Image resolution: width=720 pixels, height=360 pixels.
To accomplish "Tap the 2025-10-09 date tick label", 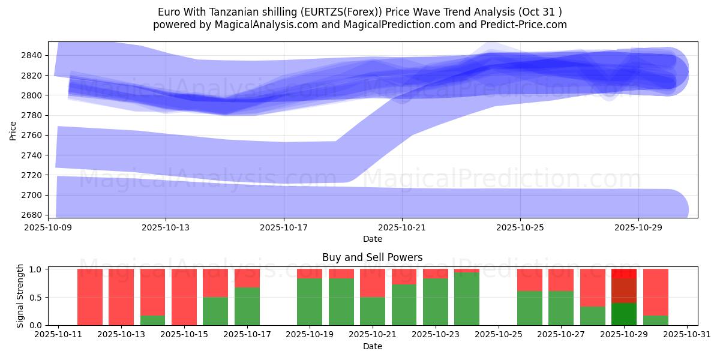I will click(48, 228).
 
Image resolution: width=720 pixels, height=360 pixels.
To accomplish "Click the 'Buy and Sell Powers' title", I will click(372, 257).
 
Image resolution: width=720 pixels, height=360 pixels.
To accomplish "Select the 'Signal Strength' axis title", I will click(20, 296).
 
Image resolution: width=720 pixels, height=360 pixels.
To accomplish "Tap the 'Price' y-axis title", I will click(13, 130).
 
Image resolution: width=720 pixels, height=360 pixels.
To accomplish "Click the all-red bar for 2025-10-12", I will click(90, 297).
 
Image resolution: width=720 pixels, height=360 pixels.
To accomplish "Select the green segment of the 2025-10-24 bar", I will click(467, 299).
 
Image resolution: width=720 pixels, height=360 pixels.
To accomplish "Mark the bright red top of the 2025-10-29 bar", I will click(624, 273).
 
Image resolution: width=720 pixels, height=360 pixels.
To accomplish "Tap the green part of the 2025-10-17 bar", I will click(247, 306).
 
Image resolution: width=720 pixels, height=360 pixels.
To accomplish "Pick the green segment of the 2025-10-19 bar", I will click(310, 302).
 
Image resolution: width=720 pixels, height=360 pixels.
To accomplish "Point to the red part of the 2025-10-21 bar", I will click(373, 283).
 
